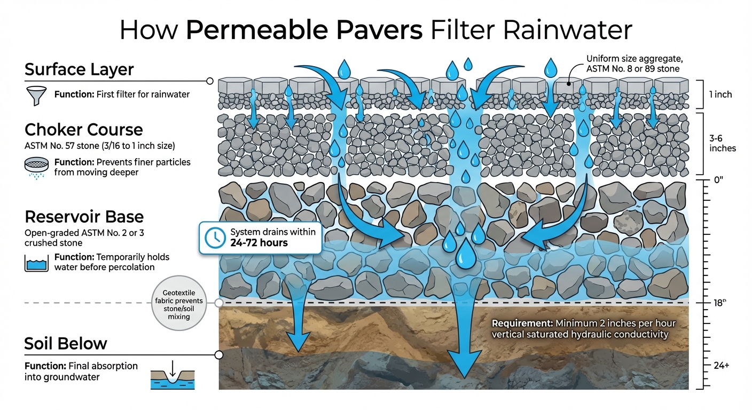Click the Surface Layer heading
[79, 70]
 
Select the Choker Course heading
[83, 130]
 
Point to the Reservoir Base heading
[84, 217]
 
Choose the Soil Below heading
[66, 343]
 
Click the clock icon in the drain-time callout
[215, 236]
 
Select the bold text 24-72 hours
[259, 243]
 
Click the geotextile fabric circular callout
[178, 304]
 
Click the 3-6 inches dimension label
[723, 143]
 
